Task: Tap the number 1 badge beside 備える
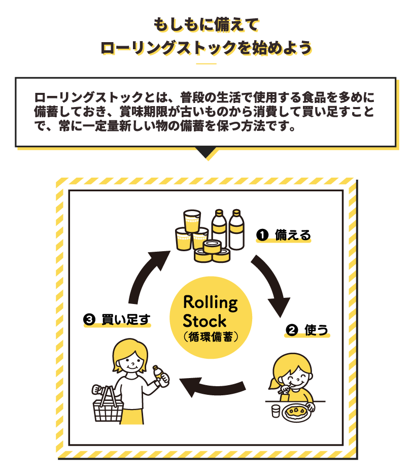point(262,235)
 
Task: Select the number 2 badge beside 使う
point(291,330)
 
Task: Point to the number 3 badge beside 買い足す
point(88,320)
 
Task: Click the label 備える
point(292,235)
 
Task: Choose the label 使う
point(316,330)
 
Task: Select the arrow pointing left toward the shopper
point(213,388)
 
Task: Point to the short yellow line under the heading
point(206,64)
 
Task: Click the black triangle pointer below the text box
point(206,153)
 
